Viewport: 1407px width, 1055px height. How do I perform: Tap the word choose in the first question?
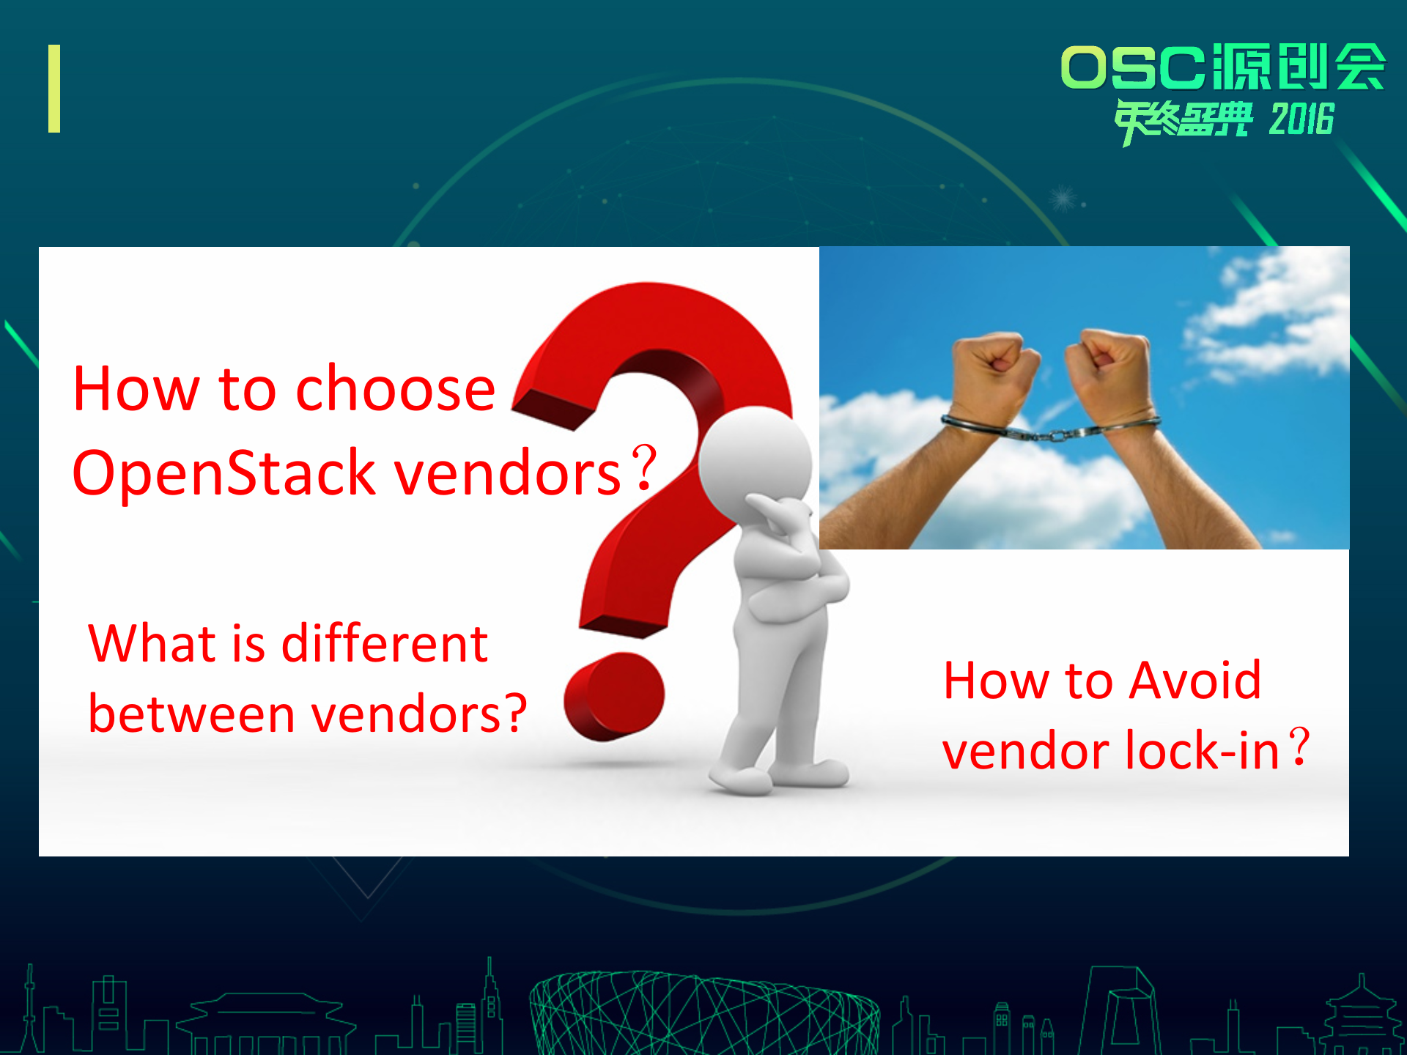click(x=396, y=389)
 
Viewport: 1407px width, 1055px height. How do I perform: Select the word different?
click(x=384, y=644)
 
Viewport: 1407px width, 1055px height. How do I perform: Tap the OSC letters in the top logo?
click(x=1132, y=68)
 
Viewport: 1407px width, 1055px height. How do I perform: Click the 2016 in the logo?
click(x=1301, y=119)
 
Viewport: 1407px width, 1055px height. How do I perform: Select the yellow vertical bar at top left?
click(x=54, y=89)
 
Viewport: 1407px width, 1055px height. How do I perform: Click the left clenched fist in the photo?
click(x=993, y=363)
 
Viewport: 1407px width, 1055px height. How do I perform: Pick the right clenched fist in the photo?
click(x=1107, y=359)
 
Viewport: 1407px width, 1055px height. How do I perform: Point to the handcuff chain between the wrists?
click(x=1052, y=434)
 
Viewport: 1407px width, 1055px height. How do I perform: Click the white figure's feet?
click(x=777, y=778)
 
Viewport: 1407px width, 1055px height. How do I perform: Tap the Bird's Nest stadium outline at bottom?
click(x=703, y=1015)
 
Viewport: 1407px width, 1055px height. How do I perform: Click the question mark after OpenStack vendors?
click(x=644, y=469)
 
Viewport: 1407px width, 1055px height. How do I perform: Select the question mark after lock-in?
click(x=1299, y=747)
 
